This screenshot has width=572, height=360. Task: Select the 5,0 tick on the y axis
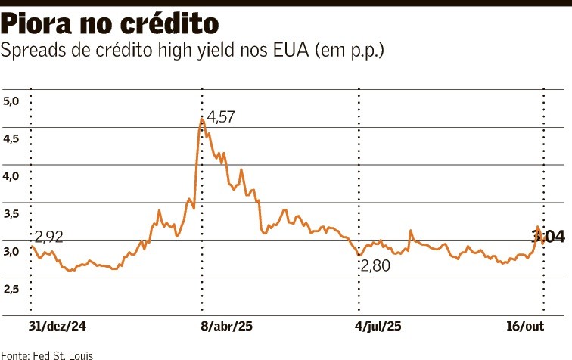[x=14, y=101]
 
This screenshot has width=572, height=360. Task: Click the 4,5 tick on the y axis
[x=14, y=138]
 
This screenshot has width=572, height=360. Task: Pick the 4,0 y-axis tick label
[x=14, y=176]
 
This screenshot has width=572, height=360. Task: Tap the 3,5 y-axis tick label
[x=14, y=214]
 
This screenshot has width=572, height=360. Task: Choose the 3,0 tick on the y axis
[x=14, y=252]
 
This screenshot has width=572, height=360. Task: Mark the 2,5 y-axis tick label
[x=14, y=290]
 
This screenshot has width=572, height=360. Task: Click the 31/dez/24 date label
[x=57, y=327]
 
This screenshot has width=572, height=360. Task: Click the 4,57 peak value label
[x=222, y=117]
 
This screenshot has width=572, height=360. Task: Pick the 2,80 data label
[x=377, y=266]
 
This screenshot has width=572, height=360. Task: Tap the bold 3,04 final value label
[x=549, y=237]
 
